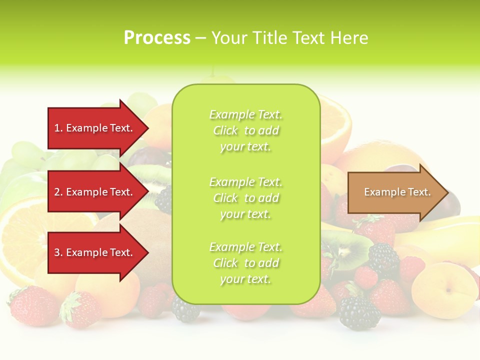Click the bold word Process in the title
(x=157, y=38)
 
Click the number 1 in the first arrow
(x=57, y=128)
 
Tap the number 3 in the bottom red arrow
(x=57, y=252)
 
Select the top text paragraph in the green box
(x=245, y=130)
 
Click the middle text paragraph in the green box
(x=245, y=198)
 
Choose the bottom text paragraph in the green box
(x=245, y=263)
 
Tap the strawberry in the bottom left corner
(x=32, y=305)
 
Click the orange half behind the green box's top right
(x=335, y=120)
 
